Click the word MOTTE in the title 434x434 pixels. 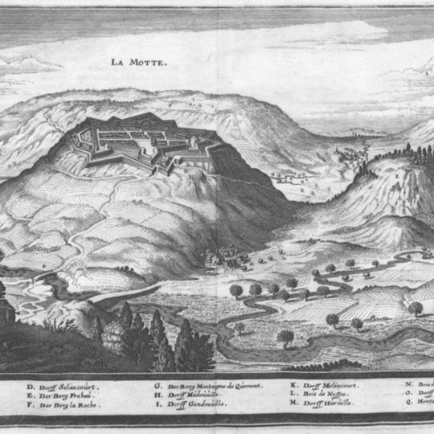click(x=149, y=62)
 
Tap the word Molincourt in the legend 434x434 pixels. click(x=342, y=386)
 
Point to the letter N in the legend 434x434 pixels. click(x=409, y=386)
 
